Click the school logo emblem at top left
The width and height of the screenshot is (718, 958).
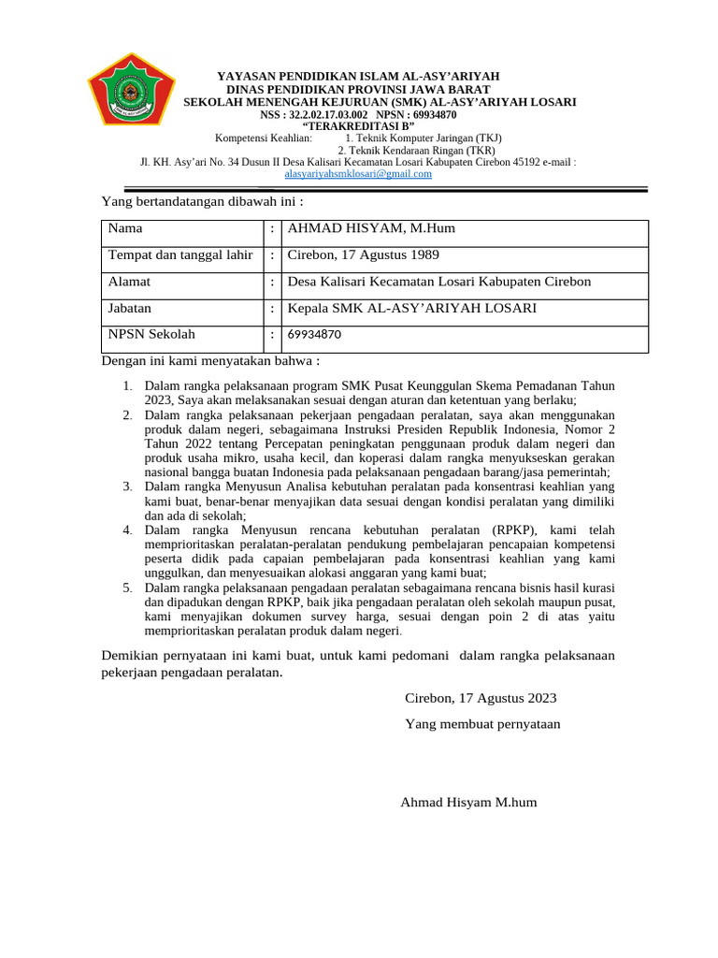(x=132, y=91)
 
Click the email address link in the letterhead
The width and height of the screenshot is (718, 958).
(x=358, y=173)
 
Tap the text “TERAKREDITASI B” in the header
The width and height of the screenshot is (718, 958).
(x=358, y=126)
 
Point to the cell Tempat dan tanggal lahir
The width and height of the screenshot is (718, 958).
(x=180, y=254)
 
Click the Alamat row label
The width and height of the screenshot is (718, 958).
(x=130, y=281)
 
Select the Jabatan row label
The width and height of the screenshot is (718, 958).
(x=130, y=307)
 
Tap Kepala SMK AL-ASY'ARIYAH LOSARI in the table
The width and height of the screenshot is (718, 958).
(x=412, y=308)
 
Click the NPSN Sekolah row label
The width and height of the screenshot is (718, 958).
(x=151, y=333)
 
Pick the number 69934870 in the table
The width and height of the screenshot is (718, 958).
(x=314, y=334)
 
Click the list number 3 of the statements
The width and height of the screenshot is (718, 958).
(x=128, y=487)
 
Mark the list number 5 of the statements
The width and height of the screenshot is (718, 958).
(x=128, y=588)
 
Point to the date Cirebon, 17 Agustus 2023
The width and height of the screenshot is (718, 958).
(x=481, y=698)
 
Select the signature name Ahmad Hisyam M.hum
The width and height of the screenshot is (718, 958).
(x=468, y=802)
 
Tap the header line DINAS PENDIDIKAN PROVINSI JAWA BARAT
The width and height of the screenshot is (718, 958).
(x=359, y=89)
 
